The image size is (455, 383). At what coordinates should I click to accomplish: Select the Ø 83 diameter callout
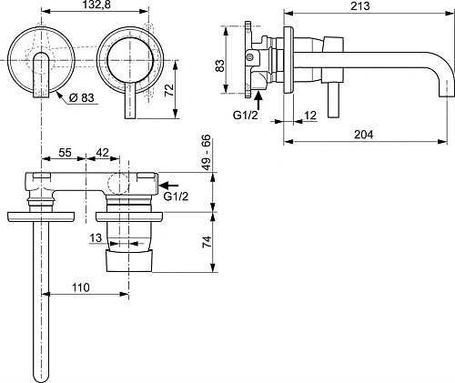click(x=76, y=96)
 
